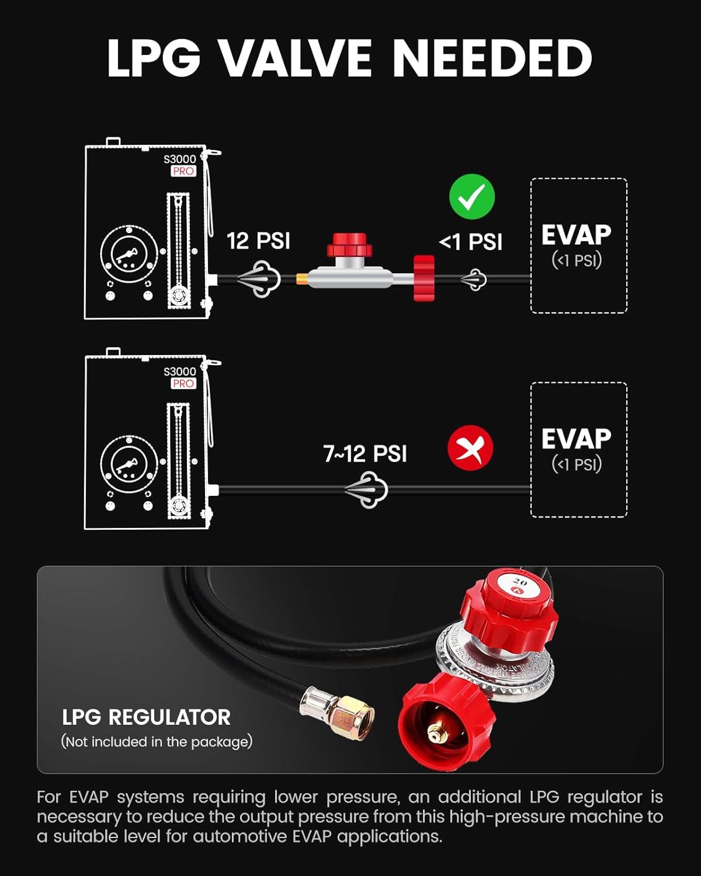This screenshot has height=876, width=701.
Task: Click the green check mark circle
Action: [x=471, y=196]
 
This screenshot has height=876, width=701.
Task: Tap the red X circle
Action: [x=470, y=448]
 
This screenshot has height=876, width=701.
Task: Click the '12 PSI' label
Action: [x=258, y=241]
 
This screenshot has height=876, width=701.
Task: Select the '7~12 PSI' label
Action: [x=365, y=453]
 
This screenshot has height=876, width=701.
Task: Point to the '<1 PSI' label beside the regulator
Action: [x=470, y=242]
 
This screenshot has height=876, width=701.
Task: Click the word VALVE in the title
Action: [x=296, y=58]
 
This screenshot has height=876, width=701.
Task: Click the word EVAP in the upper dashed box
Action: [x=577, y=235]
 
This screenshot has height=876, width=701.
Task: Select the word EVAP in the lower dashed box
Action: [x=577, y=439]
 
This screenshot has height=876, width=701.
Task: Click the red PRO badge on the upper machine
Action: [x=183, y=171]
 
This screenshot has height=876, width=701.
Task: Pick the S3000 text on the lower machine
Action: [x=179, y=371]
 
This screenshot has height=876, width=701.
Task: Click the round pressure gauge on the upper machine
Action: [x=129, y=255]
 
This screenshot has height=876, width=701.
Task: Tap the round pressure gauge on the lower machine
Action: [x=129, y=464]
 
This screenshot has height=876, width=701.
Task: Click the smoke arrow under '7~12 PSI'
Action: [x=366, y=490]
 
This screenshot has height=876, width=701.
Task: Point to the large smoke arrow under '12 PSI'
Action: [x=259, y=279]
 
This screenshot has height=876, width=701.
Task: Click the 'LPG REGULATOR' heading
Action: [x=146, y=717]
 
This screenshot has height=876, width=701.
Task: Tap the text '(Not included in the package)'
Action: [x=157, y=742]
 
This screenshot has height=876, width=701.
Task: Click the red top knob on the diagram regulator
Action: [x=349, y=244]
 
